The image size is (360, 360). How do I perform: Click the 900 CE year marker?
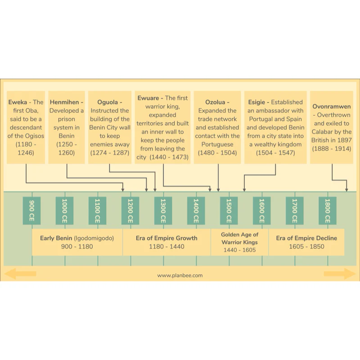(31, 211)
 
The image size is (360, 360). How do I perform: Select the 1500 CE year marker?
(229, 211)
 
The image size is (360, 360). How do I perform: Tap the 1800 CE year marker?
(328, 211)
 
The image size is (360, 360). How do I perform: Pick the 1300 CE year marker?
(163, 211)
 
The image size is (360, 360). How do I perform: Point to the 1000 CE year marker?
(64, 211)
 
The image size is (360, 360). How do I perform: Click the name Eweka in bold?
(18, 102)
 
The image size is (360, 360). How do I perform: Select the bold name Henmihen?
(64, 102)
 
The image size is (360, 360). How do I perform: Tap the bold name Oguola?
(108, 102)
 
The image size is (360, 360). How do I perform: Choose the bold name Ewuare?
(148, 98)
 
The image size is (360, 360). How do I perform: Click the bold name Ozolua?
(215, 102)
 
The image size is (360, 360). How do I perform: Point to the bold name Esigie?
(256, 102)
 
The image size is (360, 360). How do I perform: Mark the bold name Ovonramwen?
(332, 107)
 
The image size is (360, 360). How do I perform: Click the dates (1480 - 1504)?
(217, 153)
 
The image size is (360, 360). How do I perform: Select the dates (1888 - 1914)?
(332, 149)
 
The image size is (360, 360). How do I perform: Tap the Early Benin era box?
(77, 242)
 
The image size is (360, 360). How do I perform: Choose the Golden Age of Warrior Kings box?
(239, 242)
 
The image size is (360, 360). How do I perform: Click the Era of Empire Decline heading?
(306, 238)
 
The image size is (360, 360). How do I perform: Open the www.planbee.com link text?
(180, 275)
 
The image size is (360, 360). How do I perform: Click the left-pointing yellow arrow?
(20, 274)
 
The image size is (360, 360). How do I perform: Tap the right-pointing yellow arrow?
(340, 274)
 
